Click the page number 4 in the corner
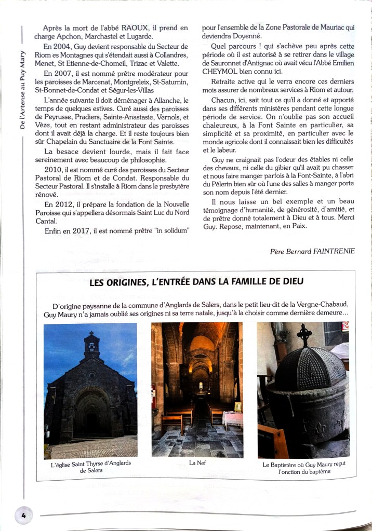click(x=24, y=515)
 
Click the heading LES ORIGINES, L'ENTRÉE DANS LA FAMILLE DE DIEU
click(x=196, y=282)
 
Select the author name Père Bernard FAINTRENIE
click(x=312, y=251)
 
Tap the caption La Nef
click(x=197, y=463)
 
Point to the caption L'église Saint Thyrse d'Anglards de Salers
click(x=91, y=467)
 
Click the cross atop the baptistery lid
click(x=304, y=334)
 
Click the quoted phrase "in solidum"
click(x=168, y=230)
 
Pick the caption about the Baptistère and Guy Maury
click(x=304, y=468)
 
